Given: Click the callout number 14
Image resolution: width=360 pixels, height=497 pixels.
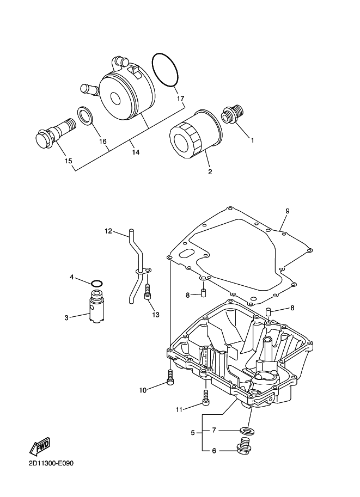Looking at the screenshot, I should [x=135, y=152].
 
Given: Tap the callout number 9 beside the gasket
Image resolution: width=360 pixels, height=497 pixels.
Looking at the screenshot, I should [x=288, y=211].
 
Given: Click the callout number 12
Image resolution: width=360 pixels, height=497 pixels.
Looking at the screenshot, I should [x=108, y=231].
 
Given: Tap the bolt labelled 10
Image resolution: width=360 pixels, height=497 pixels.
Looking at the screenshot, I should [x=171, y=377].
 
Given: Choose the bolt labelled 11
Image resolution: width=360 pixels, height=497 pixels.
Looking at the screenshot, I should [x=206, y=397].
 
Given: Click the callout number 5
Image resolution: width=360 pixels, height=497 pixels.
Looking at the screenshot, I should [x=192, y=433].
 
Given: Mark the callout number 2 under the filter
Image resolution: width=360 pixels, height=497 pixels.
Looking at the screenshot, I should [x=210, y=171].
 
